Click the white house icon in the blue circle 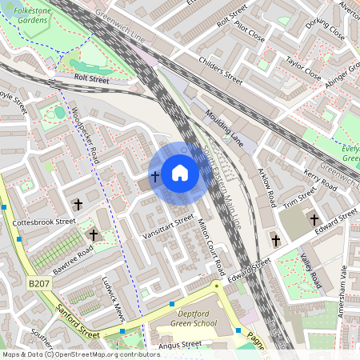(x=180, y=173)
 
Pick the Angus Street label (x=179, y=345)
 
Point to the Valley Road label (x=310, y=270)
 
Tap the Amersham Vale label (x=346, y=291)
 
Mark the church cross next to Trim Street (x=314, y=219)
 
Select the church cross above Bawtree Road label (x=78, y=205)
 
